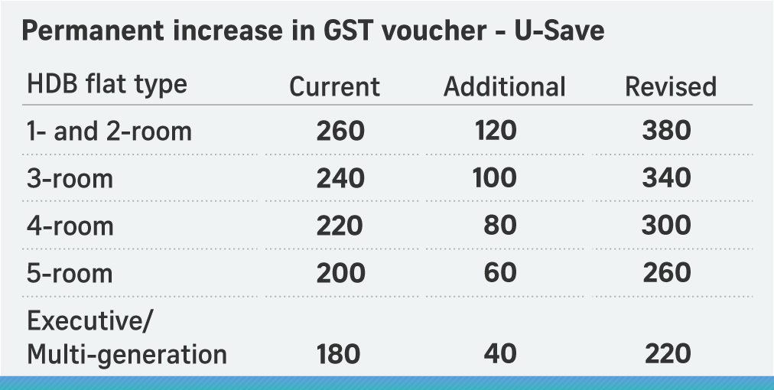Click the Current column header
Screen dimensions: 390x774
[x=334, y=86]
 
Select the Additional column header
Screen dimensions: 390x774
[x=504, y=86]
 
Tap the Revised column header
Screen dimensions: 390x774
[x=671, y=86]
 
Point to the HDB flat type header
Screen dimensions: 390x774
[x=106, y=84]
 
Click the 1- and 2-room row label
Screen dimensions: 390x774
[x=109, y=131]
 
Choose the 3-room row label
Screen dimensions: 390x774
[x=70, y=178]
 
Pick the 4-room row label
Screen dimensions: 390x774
[x=70, y=226]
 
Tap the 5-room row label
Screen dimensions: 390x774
[x=70, y=273]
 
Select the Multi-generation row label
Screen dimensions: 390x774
[x=127, y=355]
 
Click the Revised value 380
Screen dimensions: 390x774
[x=666, y=131]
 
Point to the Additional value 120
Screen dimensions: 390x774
[x=495, y=131]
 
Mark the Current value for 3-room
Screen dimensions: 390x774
[x=340, y=178]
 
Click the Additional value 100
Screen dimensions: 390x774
[x=495, y=178]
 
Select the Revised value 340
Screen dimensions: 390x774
[x=666, y=178]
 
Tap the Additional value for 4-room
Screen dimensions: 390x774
[x=500, y=226]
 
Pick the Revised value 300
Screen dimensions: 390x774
[x=666, y=226]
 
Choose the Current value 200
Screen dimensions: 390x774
[x=340, y=273]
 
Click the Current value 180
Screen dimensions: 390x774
[x=337, y=355]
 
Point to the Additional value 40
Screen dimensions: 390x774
[x=500, y=355]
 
